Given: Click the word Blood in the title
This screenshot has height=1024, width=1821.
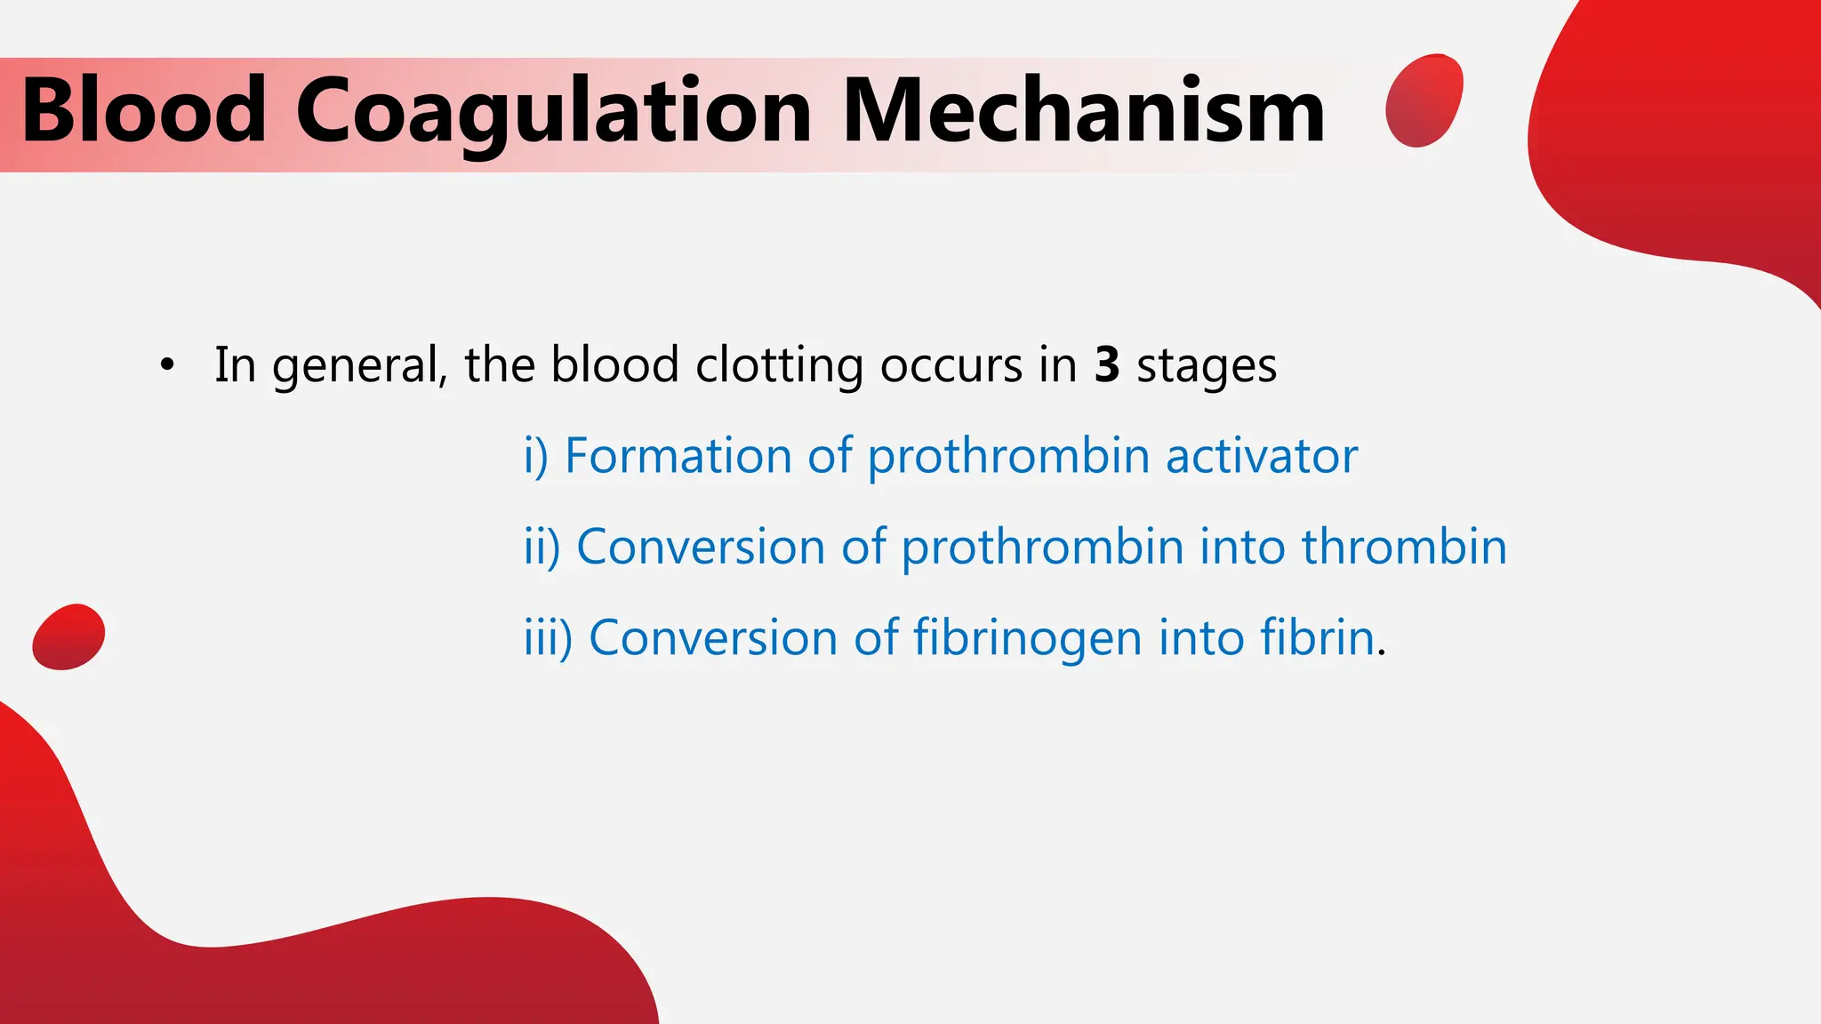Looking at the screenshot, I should [144, 111].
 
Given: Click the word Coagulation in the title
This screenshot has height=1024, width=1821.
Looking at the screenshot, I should [553, 111].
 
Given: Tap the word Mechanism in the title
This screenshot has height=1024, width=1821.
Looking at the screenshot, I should [1083, 111].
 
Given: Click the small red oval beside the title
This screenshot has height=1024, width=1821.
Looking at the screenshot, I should [1424, 100].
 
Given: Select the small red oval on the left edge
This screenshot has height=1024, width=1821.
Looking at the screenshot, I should [68, 636].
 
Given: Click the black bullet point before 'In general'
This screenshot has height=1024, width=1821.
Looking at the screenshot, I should [166, 365].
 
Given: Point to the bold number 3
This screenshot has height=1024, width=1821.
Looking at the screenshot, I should [1106, 365].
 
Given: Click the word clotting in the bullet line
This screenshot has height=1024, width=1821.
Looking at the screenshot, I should [779, 365].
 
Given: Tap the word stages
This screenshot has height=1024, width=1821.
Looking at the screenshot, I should [1207, 365].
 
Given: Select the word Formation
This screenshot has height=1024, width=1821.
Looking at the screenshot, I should [678, 456].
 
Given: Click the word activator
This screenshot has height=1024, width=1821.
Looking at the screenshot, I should [1261, 456].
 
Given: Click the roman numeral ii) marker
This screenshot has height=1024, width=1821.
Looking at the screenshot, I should [541, 547].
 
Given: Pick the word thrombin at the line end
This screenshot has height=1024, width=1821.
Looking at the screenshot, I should [1404, 547].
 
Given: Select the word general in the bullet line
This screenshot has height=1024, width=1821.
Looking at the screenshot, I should [359, 365].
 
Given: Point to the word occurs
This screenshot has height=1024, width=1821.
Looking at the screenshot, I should [951, 365].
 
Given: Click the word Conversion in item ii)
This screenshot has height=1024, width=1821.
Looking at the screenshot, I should [701, 547].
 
